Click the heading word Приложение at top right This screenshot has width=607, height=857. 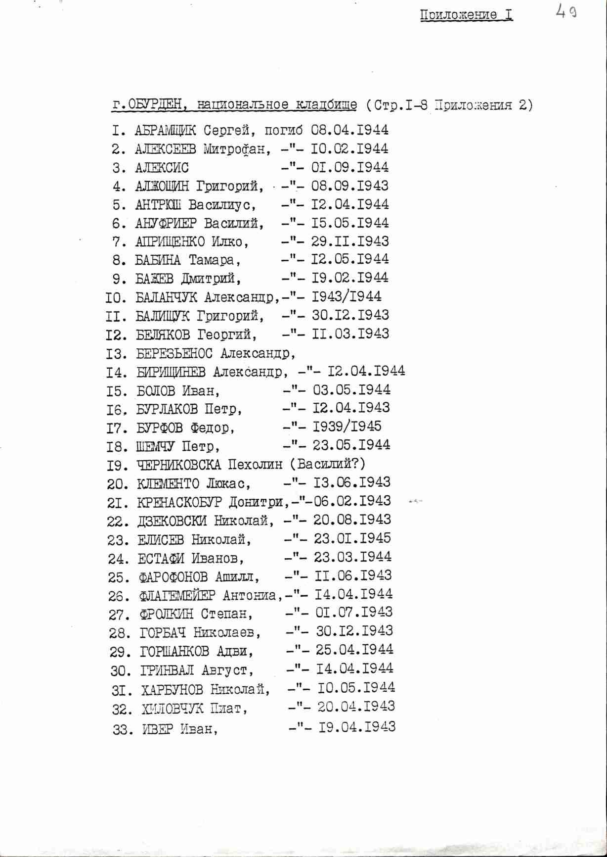pos(458,14)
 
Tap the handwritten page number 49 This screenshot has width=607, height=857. pos(566,11)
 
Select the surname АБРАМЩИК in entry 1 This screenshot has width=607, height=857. pos(166,130)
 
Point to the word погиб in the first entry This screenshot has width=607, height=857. pos(283,130)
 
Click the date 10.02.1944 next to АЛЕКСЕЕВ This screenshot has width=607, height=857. pos(349,148)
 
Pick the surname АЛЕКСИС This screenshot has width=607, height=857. pos(162,167)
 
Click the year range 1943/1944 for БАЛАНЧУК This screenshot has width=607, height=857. pos(347,296)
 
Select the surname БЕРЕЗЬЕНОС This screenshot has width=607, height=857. pos(174,353)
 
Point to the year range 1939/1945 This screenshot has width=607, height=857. pos(347,426)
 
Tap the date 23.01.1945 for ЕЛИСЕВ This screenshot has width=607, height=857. pos(352,538)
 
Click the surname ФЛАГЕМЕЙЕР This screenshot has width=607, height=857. pos(177,594)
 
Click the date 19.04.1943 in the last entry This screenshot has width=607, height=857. pos(357,727)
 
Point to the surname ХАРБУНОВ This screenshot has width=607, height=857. pos(172,689)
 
